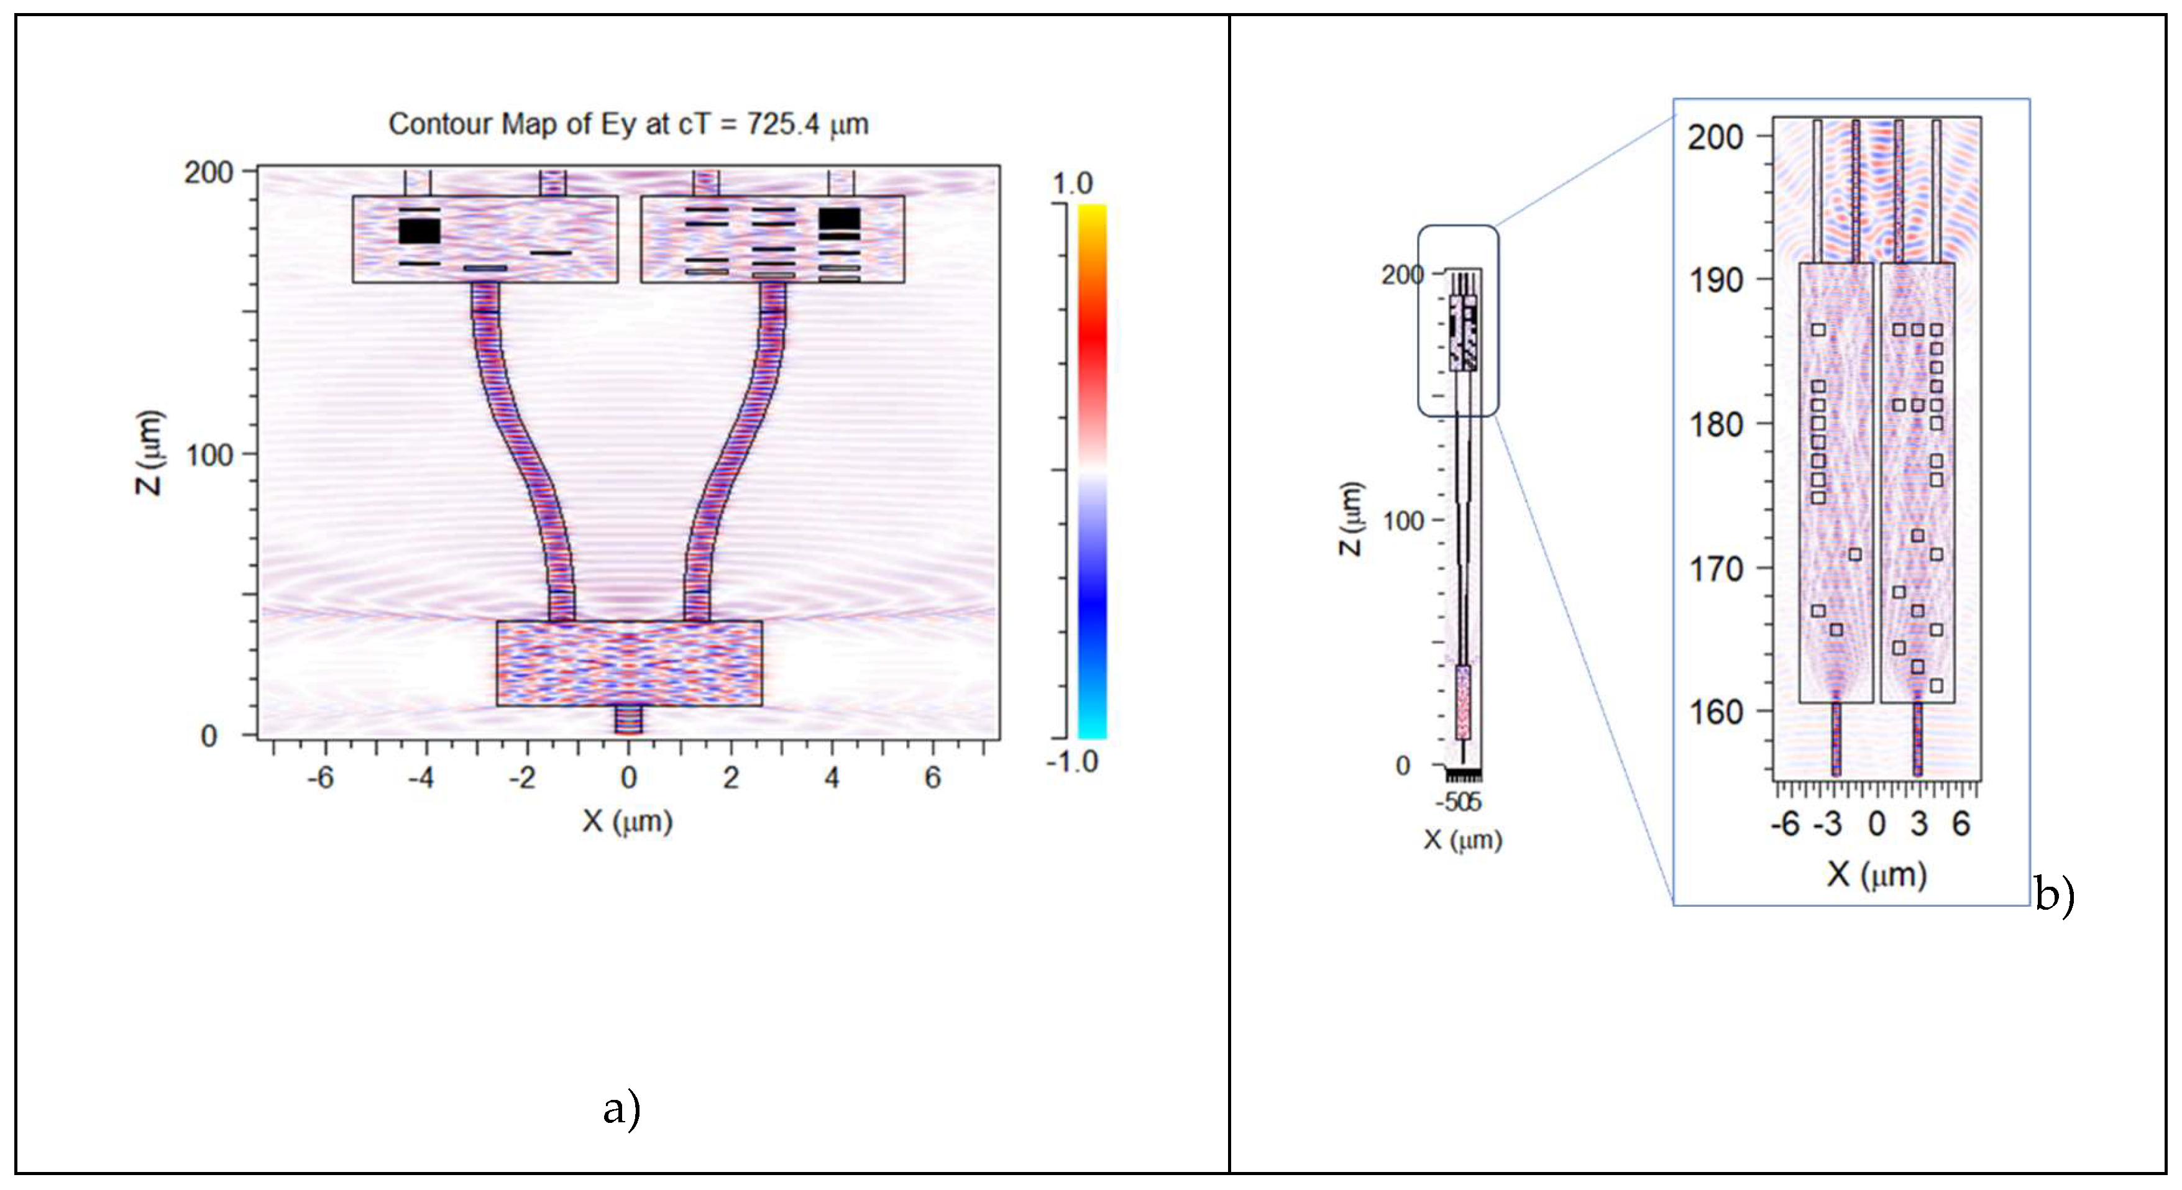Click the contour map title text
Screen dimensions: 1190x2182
coord(628,124)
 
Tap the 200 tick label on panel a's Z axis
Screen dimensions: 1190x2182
coord(208,173)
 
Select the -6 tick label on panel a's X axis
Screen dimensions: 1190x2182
coord(319,777)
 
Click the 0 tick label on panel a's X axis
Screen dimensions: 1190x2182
coord(628,777)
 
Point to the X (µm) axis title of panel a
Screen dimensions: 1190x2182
coord(627,821)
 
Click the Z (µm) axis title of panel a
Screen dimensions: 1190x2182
coord(149,452)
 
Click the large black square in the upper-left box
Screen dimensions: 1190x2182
coord(419,231)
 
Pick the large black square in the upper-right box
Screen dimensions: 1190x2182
coord(840,219)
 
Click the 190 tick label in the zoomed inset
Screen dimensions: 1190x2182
coord(1716,280)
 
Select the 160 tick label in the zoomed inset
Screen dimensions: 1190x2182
coord(1716,712)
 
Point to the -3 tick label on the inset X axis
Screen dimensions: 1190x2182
coord(1828,823)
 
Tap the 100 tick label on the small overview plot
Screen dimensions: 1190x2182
coord(1403,521)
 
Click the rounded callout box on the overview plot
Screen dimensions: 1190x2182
coord(1458,321)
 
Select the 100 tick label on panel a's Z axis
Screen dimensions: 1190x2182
coord(208,455)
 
